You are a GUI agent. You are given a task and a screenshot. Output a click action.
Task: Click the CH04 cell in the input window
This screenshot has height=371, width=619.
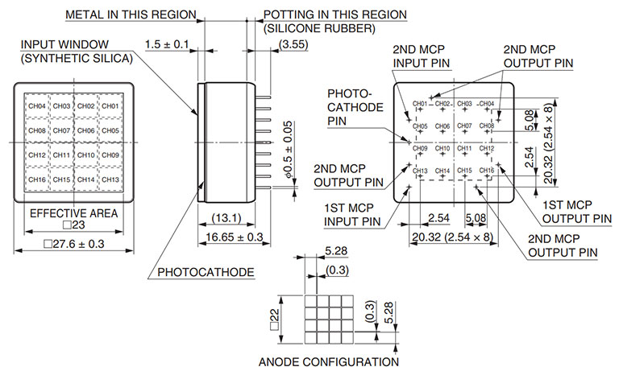[x=37, y=106]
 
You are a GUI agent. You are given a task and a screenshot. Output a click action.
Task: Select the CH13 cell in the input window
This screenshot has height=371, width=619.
[x=110, y=179]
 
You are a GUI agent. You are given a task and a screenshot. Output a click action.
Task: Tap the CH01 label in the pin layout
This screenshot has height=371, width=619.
[x=421, y=104]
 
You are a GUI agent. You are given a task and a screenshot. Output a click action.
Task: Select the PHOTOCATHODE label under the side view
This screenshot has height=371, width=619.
[x=206, y=272]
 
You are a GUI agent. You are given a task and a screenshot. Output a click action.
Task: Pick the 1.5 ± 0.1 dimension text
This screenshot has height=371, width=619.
[x=168, y=43]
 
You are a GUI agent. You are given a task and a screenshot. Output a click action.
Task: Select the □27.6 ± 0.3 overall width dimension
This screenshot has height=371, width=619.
[x=73, y=243]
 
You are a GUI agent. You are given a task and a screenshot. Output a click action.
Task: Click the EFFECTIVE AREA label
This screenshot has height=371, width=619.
[x=73, y=213]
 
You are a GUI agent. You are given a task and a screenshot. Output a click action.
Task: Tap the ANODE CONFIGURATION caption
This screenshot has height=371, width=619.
[x=329, y=361]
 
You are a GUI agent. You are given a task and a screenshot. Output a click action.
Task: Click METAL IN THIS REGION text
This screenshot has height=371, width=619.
[x=131, y=14]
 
